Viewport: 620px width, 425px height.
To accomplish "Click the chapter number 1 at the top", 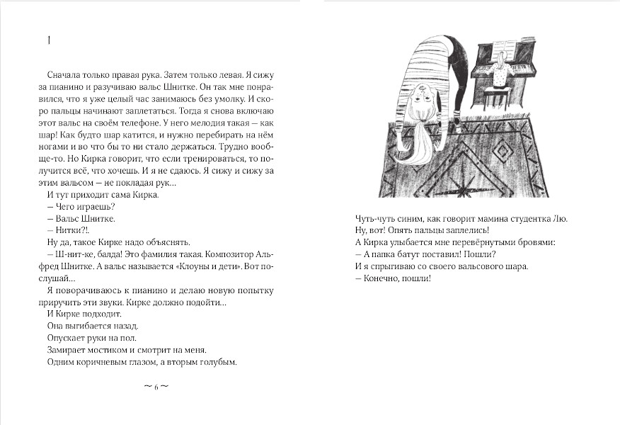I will [47, 41].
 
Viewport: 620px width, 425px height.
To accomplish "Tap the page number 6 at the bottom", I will [156, 387].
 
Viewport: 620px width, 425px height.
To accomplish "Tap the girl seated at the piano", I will [501, 75].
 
